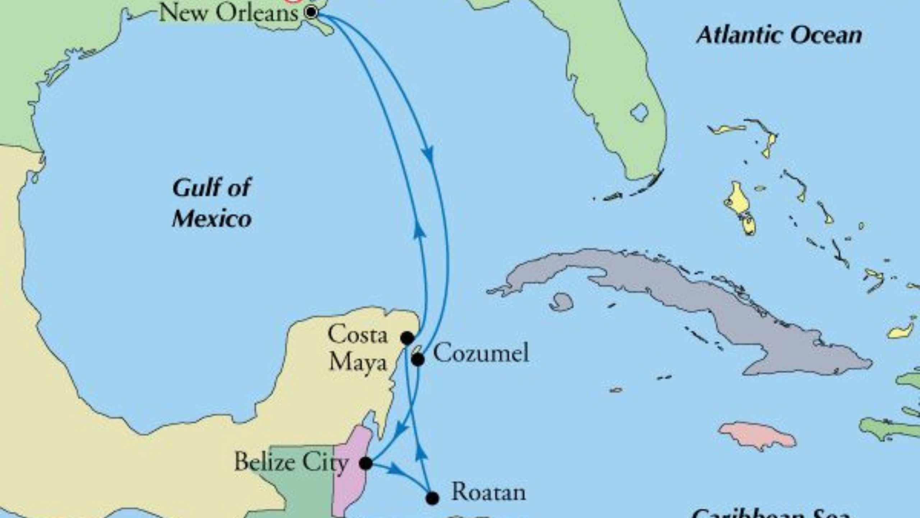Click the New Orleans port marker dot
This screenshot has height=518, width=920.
[311, 12]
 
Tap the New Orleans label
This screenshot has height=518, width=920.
[229, 13]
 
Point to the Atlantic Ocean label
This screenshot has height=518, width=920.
[779, 35]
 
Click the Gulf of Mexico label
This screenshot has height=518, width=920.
[212, 203]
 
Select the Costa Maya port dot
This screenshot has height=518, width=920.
[407, 338]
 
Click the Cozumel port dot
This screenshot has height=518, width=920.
[418, 359]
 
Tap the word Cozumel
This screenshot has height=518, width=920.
[481, 353]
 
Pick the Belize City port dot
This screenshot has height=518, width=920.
[366, 463]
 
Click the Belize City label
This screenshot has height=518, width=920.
[291, 462]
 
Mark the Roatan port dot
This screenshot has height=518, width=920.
[432, 498]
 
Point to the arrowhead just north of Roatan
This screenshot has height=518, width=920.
[421, 453]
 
